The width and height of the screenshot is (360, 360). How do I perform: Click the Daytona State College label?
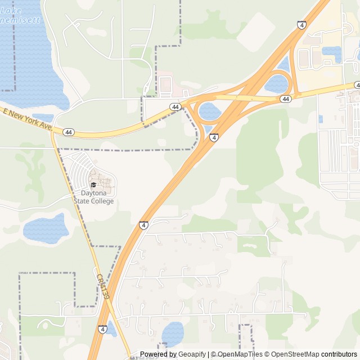point(93,197)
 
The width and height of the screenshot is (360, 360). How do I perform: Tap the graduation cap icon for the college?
point(93,184)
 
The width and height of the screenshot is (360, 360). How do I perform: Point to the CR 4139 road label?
point(102,286)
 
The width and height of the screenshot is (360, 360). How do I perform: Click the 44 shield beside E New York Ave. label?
point(69,132)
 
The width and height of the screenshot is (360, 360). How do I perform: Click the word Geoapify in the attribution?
point(192,354)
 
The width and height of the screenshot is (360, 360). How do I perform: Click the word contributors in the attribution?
point(339,354)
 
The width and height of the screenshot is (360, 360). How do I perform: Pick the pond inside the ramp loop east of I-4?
point(277,84)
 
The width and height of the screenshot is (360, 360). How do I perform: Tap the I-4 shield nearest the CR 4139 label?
point(102,329)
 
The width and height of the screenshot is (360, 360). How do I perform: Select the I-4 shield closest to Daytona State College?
point(144,226)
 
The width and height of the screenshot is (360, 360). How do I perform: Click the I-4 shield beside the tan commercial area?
point(302,25)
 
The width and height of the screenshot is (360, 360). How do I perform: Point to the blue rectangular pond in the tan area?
point(331,53)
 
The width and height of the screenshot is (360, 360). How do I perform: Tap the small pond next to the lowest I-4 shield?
point(112,329)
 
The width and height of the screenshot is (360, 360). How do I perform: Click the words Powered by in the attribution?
point(158,354)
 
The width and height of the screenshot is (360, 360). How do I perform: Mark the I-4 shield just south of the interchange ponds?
point(214,137)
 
